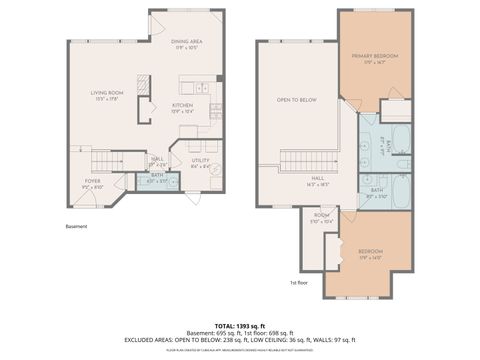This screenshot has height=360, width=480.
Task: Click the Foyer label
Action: (x=91, y=183)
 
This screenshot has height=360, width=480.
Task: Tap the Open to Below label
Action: (x=296, y=100)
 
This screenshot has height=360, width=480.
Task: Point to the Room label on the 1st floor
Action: (x=321, y=217)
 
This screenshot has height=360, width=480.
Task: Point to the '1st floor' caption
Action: (x=298, y=284)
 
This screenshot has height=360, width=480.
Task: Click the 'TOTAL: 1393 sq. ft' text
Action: (x=240, y=326)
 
